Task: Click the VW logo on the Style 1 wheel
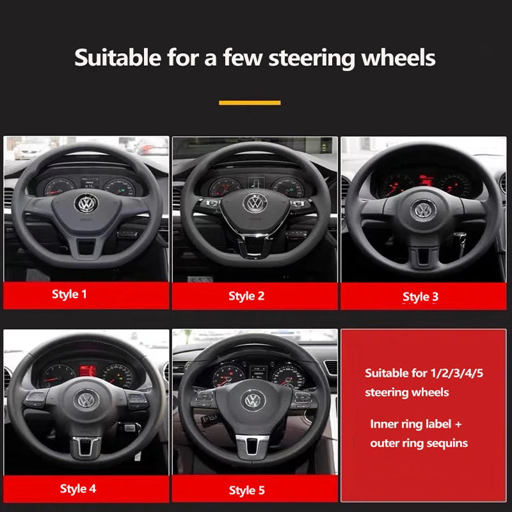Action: click(85, 204)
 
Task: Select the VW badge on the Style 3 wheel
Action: click(422, 209)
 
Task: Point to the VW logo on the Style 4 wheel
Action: click(86, 399)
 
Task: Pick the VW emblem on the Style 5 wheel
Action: click(254, 400)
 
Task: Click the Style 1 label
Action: click(69, 294)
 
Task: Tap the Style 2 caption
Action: click(246, 296)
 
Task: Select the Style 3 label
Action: click(420, 296)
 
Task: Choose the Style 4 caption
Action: click(78, 488)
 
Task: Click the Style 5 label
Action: click(246, 490)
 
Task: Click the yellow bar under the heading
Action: click(250, 102)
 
